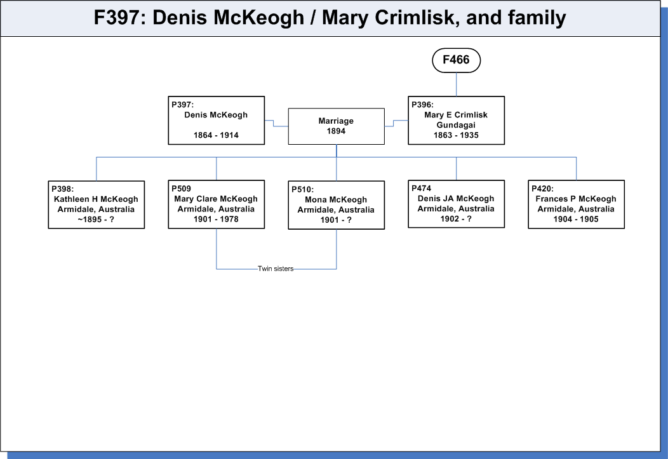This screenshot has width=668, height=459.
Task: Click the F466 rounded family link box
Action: coord(457,60)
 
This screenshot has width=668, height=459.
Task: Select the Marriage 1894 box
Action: coord(336,126)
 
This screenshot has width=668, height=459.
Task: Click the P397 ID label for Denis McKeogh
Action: coord(182,105)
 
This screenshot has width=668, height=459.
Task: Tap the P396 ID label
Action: coord(422,105)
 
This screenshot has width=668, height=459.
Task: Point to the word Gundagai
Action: coord(456,125)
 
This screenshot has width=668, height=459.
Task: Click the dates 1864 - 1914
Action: coord(216,135)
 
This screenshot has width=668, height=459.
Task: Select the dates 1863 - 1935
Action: coord(456,135)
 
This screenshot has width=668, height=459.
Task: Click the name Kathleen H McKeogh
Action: coord(96,199)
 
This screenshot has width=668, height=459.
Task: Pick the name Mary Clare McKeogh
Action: coord(215,199)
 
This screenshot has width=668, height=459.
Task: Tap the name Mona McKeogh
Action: coord(336,200)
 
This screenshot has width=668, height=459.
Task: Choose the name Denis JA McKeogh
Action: coord(456,199)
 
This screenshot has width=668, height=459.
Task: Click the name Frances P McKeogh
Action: coord(575,199)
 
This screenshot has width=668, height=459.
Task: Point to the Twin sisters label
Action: coord(276,269)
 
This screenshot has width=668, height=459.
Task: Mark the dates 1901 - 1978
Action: coord(216,219)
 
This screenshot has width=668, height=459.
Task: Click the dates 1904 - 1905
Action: coord(576,219)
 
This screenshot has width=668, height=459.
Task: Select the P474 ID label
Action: coord(422,188)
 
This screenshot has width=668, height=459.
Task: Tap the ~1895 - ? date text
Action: coord(96,220)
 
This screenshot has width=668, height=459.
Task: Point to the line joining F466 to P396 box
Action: coord(457,84)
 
